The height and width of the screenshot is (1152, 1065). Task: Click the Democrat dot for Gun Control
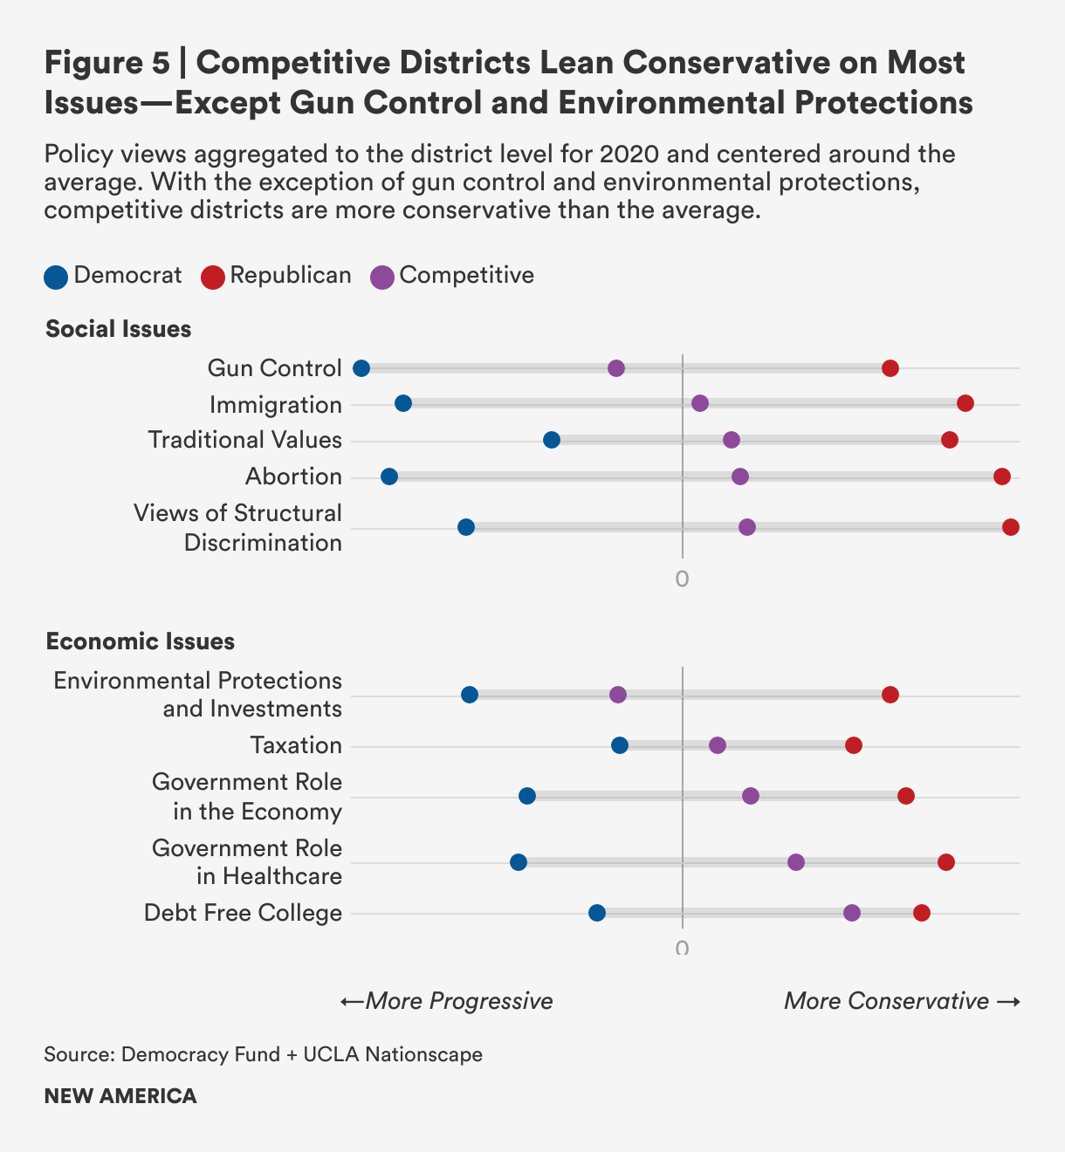361,368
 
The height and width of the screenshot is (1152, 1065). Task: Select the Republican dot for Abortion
1002,477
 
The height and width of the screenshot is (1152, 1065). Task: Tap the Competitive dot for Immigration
700,403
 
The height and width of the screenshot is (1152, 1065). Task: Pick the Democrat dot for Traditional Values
552,440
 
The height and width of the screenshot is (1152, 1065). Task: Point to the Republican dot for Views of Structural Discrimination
1011,527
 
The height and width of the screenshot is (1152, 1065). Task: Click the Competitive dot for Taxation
718,745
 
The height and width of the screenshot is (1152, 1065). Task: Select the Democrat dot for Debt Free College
597,913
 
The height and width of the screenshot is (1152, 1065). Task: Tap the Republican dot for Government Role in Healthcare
946,862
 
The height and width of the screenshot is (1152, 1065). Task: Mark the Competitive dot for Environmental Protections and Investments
618,695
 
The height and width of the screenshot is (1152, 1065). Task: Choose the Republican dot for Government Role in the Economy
906,796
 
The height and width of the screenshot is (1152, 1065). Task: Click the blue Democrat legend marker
56,277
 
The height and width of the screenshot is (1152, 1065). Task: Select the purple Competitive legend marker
382,277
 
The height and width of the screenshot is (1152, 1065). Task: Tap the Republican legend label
291,276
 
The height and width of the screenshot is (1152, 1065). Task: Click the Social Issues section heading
119,329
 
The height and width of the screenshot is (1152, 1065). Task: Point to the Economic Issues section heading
141,641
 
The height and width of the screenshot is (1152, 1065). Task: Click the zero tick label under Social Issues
682,579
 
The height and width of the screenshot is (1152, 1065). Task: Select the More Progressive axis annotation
447,1001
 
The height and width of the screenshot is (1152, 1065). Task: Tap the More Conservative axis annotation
902,1001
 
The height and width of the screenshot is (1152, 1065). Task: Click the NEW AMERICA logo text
120,1096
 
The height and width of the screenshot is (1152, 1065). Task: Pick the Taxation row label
296,745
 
